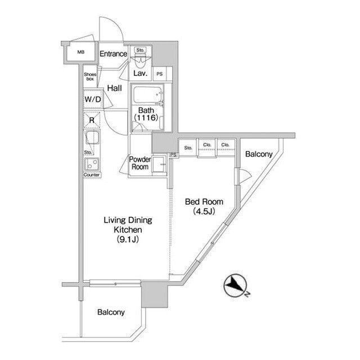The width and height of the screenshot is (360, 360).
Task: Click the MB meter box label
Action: coord(80,52)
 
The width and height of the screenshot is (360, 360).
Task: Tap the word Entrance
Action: coord(113,54)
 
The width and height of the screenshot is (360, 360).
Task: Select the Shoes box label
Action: coord(90,76)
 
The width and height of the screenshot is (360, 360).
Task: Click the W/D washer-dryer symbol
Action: coord(93,100)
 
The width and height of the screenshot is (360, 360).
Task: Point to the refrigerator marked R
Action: coord(92,120)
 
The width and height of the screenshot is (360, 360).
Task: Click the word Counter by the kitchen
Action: coord(92,175)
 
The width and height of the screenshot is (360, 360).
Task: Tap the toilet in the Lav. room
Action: coord(140,60)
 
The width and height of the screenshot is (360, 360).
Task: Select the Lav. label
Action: coord(140,74)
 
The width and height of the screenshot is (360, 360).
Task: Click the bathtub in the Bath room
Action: coord(147,95)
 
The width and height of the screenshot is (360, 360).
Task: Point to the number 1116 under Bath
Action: coord(146,118)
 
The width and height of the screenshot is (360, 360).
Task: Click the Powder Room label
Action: coord(140,163)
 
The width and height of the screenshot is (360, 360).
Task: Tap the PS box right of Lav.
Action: coord(160,74)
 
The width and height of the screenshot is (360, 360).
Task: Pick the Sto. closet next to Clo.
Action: coord(188,148)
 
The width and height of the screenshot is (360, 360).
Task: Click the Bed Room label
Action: coord(204,202)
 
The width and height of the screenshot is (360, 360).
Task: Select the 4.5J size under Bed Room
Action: coord(204,211)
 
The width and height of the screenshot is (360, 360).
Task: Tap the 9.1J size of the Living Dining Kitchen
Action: coord(128,240)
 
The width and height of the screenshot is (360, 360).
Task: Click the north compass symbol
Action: coord(236,285)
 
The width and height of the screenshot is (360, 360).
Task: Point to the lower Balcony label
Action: coord(111,312)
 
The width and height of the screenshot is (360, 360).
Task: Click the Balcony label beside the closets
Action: coord(259,154)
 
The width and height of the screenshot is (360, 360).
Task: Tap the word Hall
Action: coord(115,88)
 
